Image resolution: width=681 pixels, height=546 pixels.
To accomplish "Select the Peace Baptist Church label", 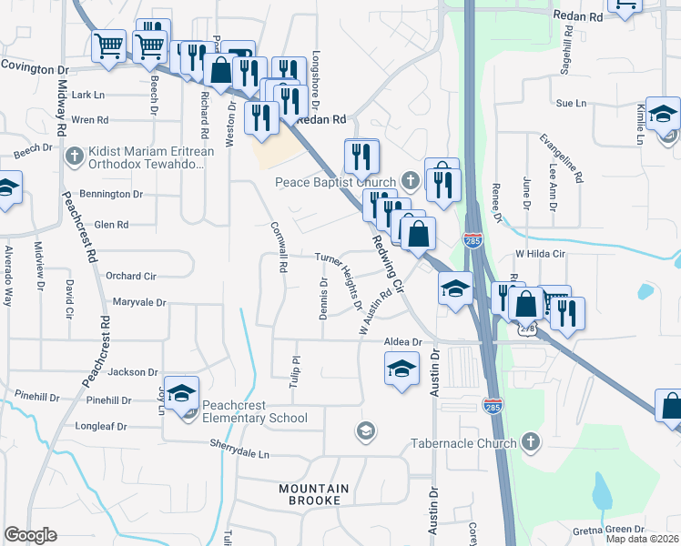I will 336,181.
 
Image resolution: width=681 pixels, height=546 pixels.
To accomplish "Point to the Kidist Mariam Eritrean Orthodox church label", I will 150,157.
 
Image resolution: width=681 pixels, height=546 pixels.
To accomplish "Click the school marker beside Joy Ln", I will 181,392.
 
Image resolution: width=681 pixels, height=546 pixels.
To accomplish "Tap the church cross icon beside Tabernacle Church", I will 531,443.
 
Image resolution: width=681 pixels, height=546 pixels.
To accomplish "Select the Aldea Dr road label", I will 403,341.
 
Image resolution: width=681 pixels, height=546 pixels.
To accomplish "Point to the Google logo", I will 30,535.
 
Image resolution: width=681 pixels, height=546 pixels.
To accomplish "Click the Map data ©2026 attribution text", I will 643,539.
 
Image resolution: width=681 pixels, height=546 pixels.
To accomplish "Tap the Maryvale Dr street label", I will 139,301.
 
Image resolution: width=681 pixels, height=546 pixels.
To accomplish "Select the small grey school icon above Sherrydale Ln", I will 366,430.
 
